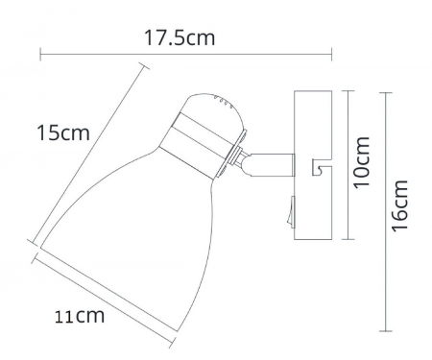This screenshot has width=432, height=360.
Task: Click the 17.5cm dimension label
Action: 179,38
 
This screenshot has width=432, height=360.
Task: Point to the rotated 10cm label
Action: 362,163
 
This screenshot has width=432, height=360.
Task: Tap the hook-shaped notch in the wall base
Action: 320,169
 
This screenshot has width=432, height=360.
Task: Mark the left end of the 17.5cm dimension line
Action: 40,55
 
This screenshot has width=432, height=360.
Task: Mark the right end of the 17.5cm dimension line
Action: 331,55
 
